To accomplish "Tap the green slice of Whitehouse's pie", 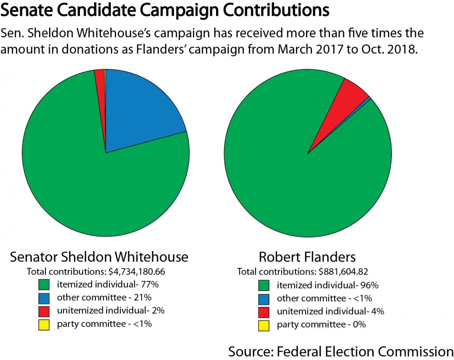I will (91, 182).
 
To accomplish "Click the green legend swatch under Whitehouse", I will (44, 286).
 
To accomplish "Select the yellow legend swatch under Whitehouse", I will (44, 325).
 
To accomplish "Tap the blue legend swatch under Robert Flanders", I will (264, 299).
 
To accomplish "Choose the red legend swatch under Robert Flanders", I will (264, 312).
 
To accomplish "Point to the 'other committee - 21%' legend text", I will (104, 298).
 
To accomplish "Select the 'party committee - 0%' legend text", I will (321, 325).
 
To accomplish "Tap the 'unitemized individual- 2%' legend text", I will (111, 311).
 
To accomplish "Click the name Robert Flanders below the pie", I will (307, 257).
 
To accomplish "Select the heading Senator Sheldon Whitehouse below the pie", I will (99, 257).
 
